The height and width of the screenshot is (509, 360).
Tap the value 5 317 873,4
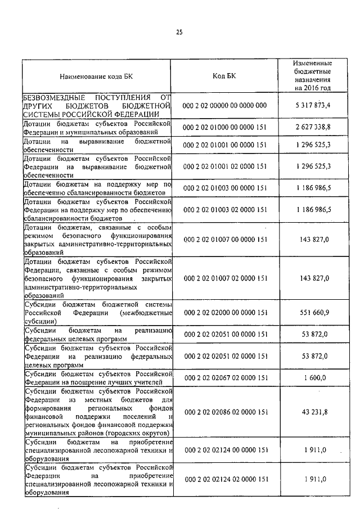pos(312,105)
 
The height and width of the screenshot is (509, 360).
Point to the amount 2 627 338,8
pos(312,127)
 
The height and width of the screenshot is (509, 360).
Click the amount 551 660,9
pos(312,313)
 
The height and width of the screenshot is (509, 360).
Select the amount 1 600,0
pos(312,379)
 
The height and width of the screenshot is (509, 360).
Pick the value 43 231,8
pos(312,412)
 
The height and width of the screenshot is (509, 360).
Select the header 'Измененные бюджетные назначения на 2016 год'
pos(312,76)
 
